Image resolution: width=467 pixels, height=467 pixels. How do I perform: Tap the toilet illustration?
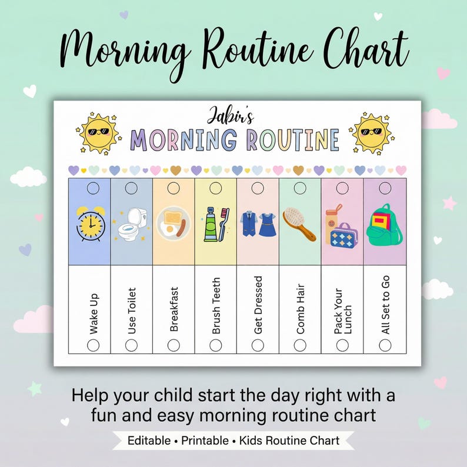pos(131,224)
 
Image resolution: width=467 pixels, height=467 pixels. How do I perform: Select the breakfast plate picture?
pos(173,224)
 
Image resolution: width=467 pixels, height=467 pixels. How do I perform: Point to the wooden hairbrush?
pos(299,225)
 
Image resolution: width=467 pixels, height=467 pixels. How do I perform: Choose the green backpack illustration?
pos(384,225)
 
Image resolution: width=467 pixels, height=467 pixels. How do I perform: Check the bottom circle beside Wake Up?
pos(93,345)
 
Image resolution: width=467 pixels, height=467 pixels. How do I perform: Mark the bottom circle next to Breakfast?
pos(174,345)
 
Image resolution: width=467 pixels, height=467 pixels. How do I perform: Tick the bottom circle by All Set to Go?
pos(385,345)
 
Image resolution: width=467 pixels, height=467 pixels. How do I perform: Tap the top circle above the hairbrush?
pos(300,188)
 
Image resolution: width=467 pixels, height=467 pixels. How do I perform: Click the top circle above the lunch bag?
pos(342,188)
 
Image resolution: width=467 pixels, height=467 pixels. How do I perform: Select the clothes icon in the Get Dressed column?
pos(258,224)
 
